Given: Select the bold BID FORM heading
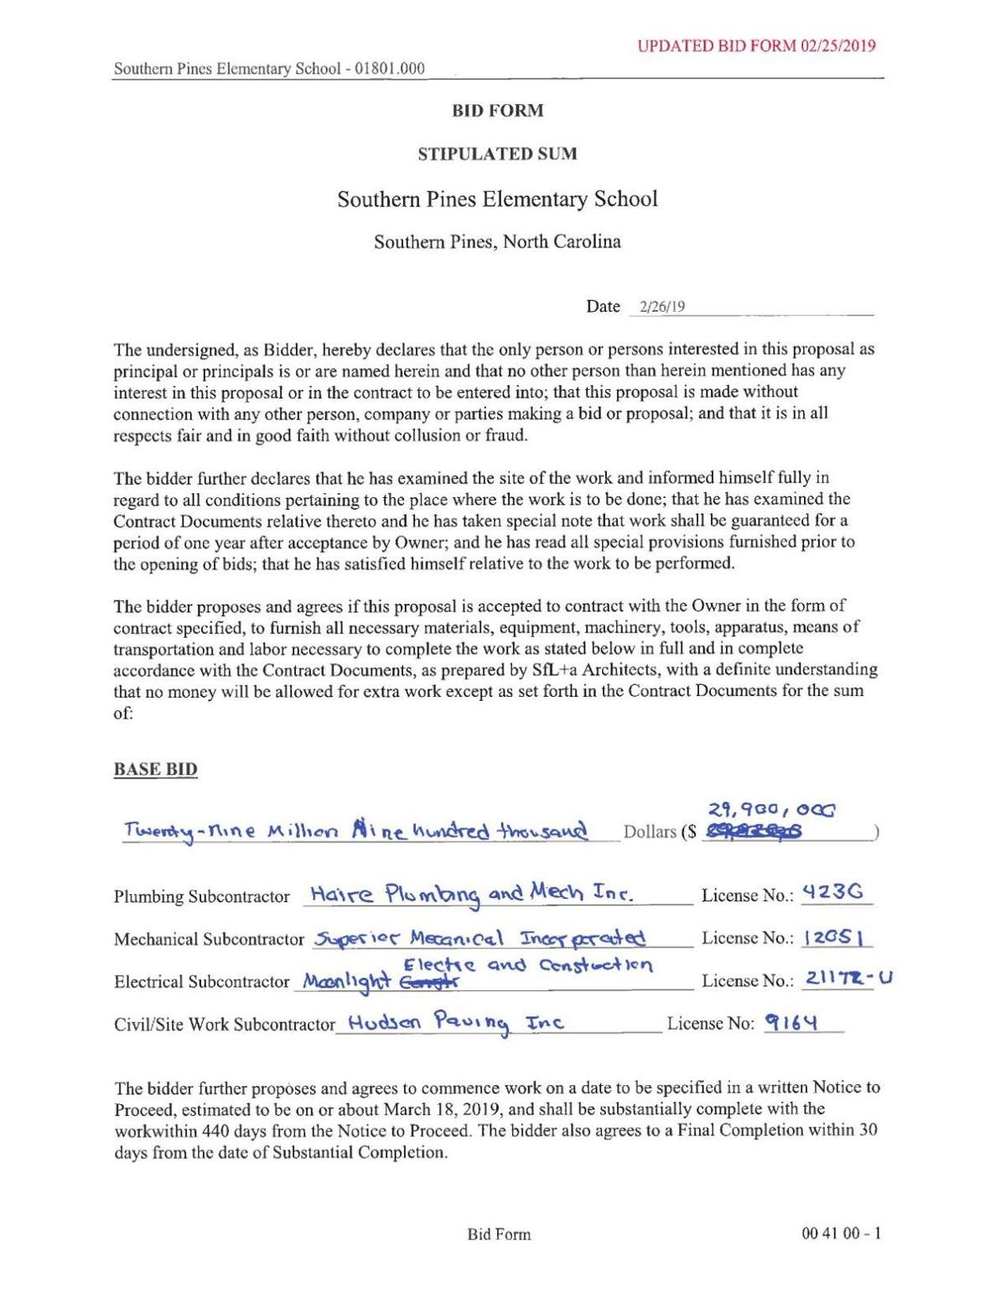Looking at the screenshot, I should pos(498,111).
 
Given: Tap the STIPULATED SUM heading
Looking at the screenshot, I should pos(498,154).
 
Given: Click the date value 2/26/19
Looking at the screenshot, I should pos(661,307).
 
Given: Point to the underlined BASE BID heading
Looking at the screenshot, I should pos(155,770).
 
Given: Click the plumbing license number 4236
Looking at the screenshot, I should pos(832,892).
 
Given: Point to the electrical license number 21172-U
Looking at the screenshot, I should pos(848,978).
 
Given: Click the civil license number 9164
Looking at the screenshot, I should pos(791,1022).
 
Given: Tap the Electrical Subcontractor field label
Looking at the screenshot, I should pos(201,982).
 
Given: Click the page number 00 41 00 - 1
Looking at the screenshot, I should pos(841,1233).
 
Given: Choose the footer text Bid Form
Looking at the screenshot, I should pos(499,1234).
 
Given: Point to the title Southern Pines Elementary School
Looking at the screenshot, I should pos(498,200).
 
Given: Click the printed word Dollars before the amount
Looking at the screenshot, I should pos(650,832).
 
